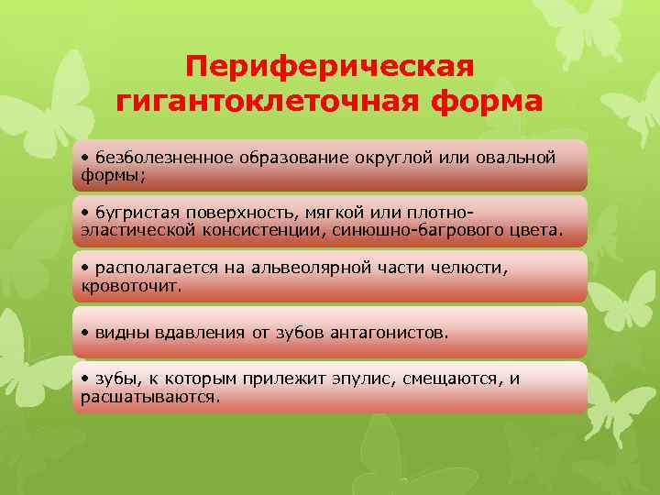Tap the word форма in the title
(x=491, y=101)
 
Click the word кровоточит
(x=131, y=285)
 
